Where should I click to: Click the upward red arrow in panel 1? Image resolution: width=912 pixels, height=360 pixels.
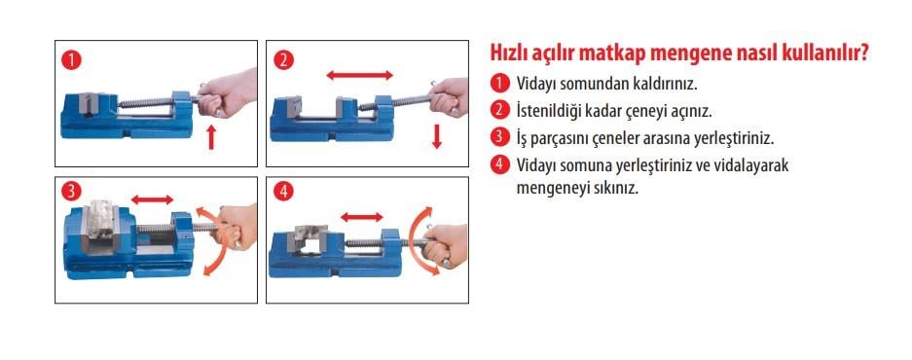[212, 137]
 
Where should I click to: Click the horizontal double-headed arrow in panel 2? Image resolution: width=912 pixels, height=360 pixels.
[359, 74]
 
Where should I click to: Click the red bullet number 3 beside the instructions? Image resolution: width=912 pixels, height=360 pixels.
[500, 137]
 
